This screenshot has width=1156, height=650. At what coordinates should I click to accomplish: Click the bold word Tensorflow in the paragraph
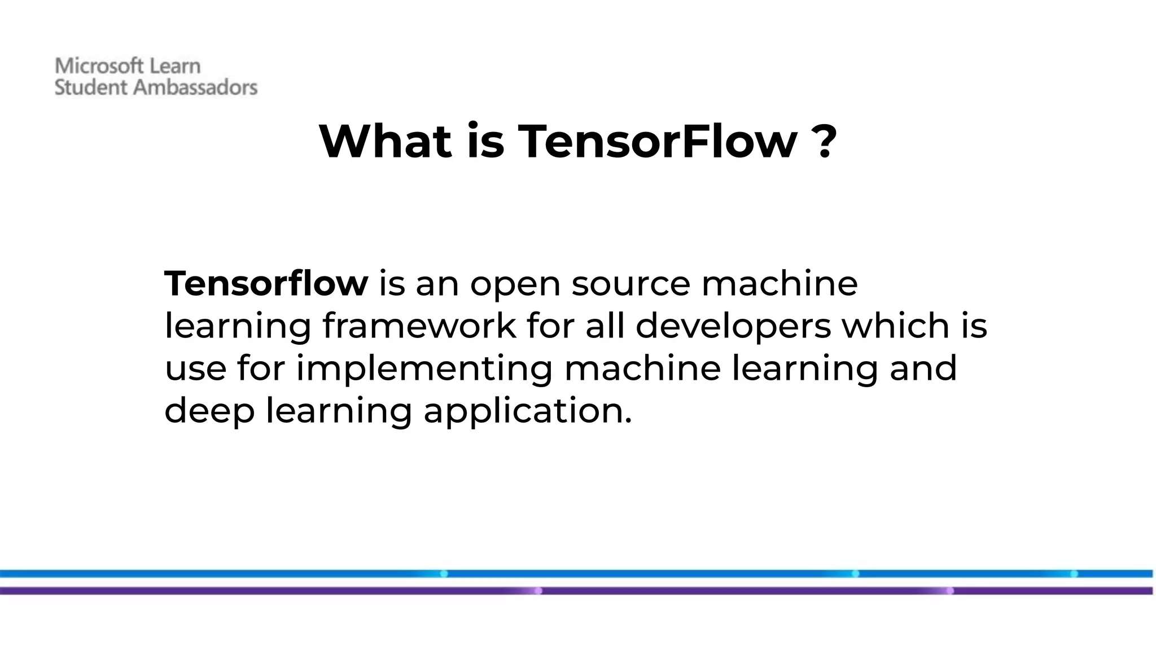(x=266, y=283)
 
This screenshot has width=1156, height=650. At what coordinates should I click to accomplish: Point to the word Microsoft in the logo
(x=99, y=66)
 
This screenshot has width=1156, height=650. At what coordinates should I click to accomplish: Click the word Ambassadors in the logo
(x=195, y=87)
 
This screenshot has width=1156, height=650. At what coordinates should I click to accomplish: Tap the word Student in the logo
(x=91, y=87)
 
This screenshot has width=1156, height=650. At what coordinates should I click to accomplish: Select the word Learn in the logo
(x=174, y=66)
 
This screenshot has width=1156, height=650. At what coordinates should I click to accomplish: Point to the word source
(x=630, y=284)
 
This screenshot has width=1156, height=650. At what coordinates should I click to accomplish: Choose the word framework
(x=419, y=326)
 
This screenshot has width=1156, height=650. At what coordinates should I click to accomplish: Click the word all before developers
(x=605, y=326)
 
